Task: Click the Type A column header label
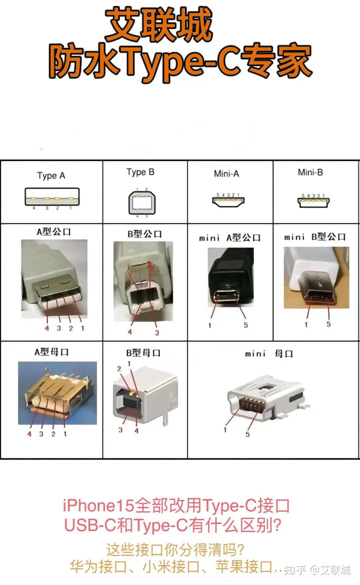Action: click(x=51, y=175)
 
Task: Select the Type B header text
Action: click(x=140, y=172)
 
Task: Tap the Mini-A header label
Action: click(x=226, y=173)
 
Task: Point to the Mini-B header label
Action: click(x=310, y=172)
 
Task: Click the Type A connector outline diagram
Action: click(x=52, y=197)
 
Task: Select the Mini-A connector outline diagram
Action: click(x=228, y=201)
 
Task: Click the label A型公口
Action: click(x=54, y=232)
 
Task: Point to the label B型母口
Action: click(x=143, y=353)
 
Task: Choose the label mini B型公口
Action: click(x=315, y=237)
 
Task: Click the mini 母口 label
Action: click(x=269, y=354)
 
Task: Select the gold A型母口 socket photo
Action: click(x=57, y=393)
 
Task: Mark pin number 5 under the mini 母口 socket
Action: click(x=248, y=434)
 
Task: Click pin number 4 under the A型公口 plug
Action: click(x=47, y=328)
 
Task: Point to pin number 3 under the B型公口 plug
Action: click(x=157, y=333)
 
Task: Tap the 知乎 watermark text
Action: click(x=295, y=570)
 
